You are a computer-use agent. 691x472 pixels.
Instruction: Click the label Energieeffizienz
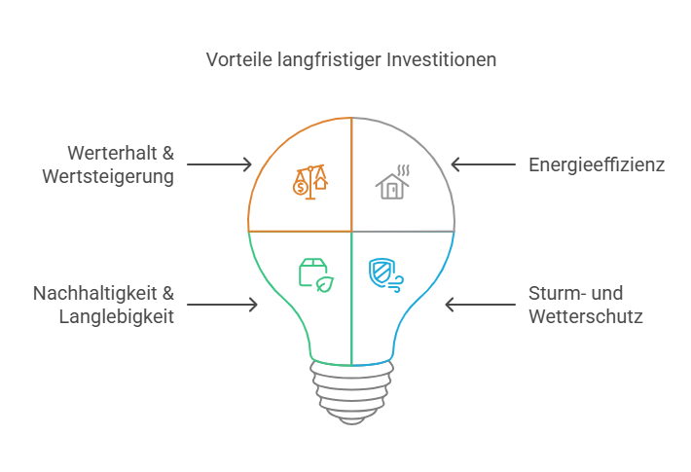(x=596, y=165)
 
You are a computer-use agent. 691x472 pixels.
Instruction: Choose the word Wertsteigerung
(x=115, y=177)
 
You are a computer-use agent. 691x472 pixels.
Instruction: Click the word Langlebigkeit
(x=117, y=316)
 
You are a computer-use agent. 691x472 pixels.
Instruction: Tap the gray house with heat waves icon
(x=393, y=181)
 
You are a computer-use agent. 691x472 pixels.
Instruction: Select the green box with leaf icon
(x=313, y=273)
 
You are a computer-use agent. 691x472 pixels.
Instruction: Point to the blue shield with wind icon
(x=386, y=273)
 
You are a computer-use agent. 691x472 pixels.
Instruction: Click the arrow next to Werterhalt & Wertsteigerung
(x=219, y=165)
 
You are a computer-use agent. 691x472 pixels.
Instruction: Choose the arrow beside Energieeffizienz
(x=483, y=165)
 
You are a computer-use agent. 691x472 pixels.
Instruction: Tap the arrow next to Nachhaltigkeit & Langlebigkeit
(x=223, y=305)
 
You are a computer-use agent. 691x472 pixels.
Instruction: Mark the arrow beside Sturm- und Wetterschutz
(x=479, y=305)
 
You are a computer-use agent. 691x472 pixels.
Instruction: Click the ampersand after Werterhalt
(x=166, y=154)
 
